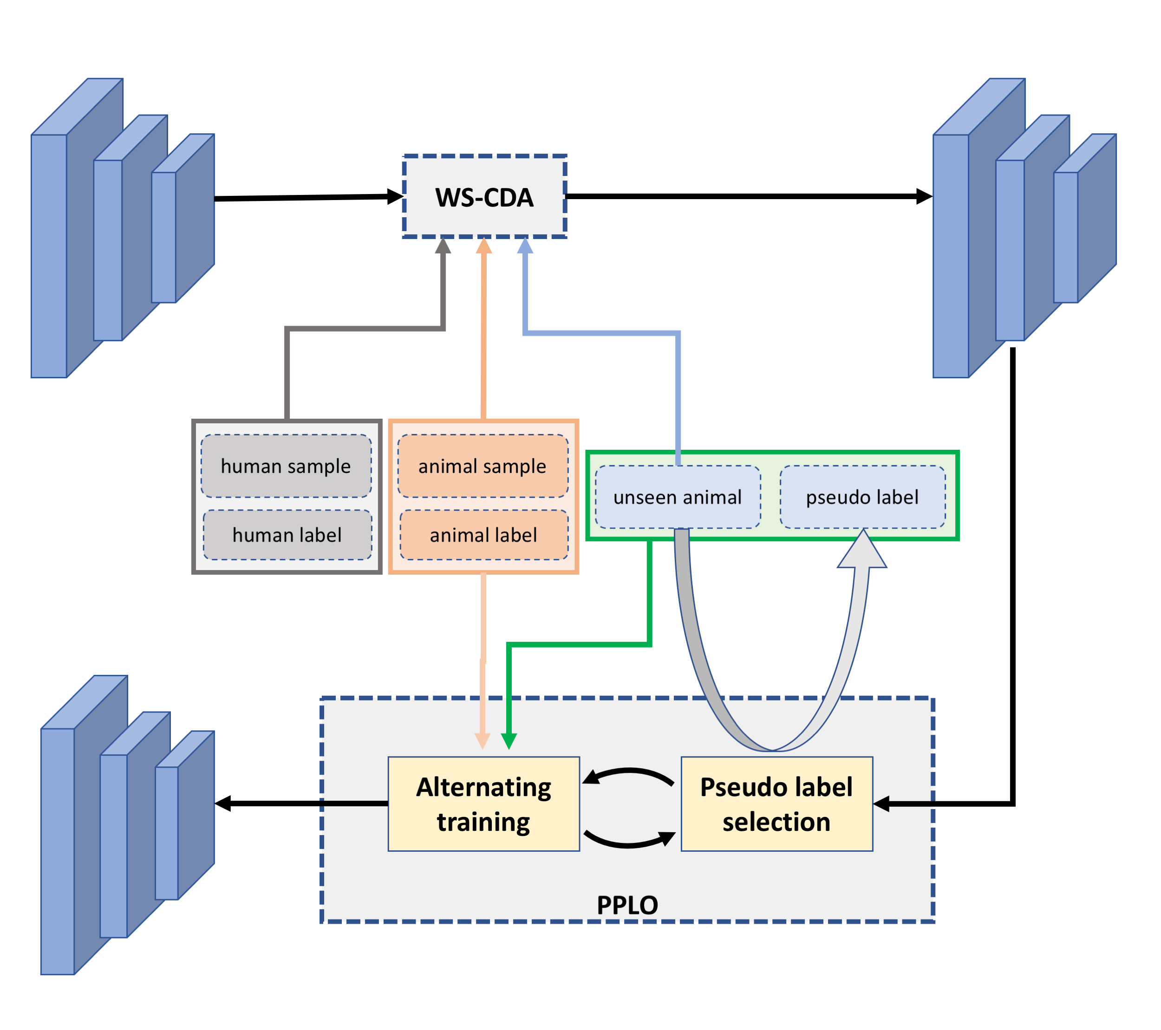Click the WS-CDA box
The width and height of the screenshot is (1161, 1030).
point(484,196)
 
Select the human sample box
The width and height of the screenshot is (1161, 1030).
point(286,466)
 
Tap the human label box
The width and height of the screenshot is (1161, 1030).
point(287,535)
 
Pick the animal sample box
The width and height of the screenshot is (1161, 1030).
point(483,466)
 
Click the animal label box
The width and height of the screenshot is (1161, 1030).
point(484,535)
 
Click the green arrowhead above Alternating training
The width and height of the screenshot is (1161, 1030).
point(509,741)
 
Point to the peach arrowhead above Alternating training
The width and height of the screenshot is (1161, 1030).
point(482,741)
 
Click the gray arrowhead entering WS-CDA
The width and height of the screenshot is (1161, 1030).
point(443,246)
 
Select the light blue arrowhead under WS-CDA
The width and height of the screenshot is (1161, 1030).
point(525,246)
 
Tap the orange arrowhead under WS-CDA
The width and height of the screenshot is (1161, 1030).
point(484,246)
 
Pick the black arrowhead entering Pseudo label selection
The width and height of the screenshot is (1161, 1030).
point(881,804)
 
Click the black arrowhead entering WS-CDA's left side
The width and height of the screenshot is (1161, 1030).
point(395,197)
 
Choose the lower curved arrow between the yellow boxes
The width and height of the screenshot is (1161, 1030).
point(629,839)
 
